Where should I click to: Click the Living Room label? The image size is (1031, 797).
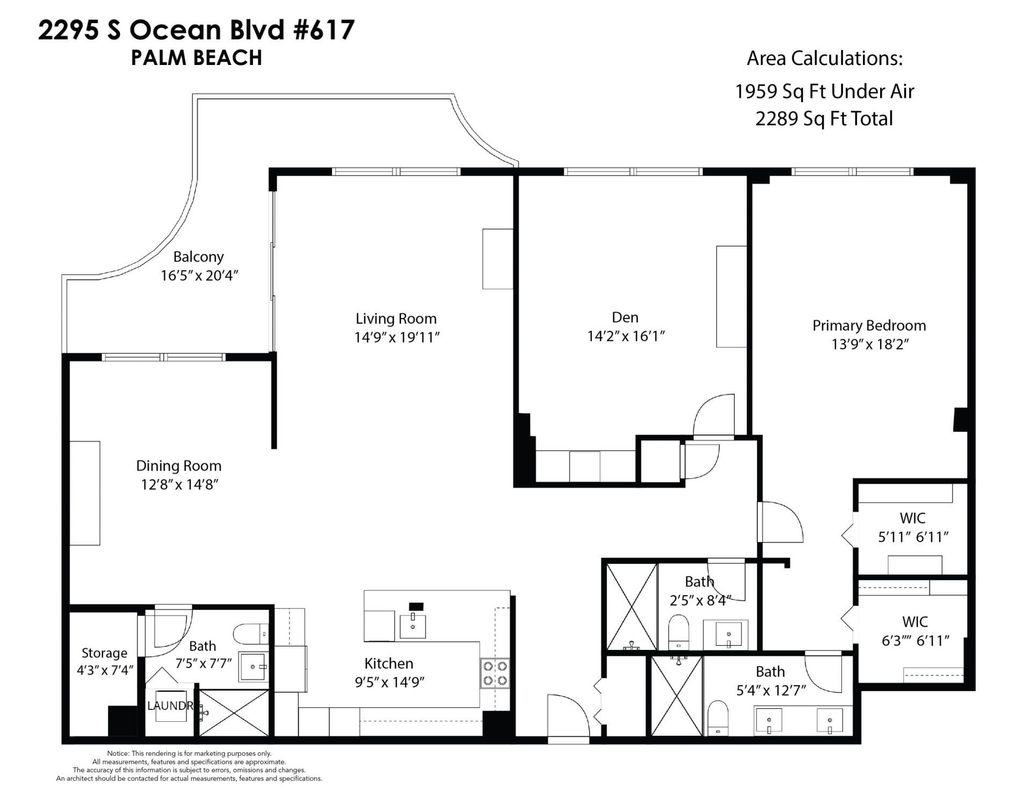(396, 318)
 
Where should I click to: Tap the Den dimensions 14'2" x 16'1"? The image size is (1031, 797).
(626, 336)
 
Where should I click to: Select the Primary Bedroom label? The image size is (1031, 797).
(868, 325)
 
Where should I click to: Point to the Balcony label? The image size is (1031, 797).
(198, 257)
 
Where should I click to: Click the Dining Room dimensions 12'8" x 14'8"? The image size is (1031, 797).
(179, 484)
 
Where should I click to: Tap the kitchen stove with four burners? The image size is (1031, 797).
(495, 673)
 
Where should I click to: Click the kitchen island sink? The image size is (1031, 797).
(413, 626)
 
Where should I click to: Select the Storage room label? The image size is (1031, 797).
(104, 653)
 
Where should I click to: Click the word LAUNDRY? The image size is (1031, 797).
(170, 706)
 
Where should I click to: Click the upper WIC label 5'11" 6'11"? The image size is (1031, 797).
(913, 528)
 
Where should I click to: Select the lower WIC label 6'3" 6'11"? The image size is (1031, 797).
(915, 632)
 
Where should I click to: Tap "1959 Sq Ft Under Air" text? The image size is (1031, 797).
(824, 91)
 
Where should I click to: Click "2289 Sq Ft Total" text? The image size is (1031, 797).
(824, 119)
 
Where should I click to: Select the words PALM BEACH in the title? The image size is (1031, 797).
(197, 58)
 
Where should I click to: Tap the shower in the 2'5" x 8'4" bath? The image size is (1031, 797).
(631, 606)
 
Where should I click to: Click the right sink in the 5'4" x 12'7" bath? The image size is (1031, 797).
(830, 720)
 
